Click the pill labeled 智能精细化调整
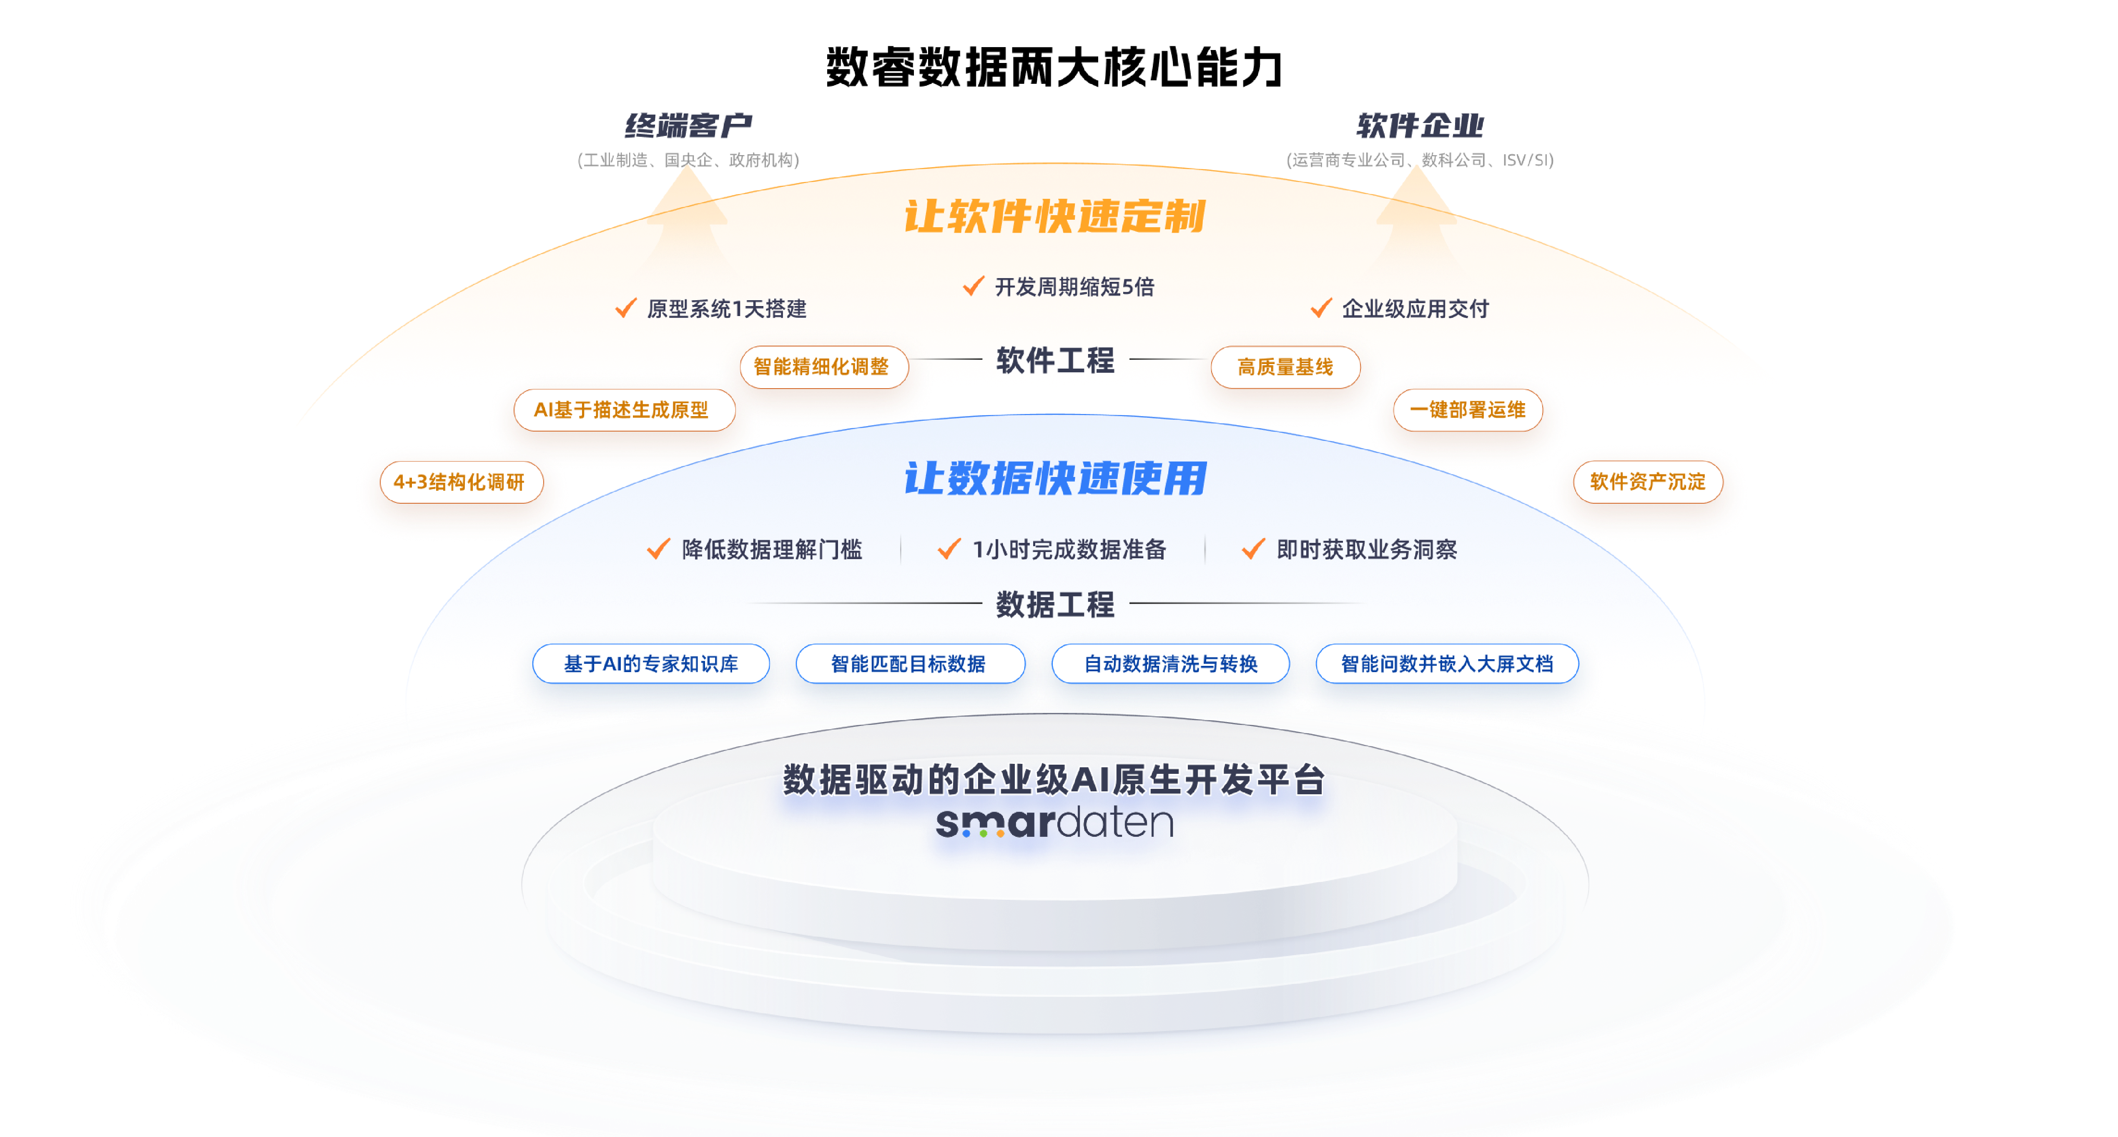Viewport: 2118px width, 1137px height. tap(821, 366)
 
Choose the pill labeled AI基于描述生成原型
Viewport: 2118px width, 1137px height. tap(622, 409)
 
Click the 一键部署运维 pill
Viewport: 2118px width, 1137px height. tap(1468, 409)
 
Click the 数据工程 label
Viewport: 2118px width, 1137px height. tap(1055, 604)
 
